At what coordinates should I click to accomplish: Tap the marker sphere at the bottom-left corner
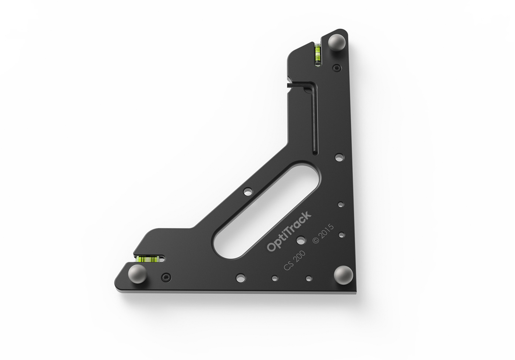(x=135, y=274)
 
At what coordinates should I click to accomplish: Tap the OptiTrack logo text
(x=289, y=232)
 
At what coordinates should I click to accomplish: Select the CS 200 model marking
(x=294, y=261)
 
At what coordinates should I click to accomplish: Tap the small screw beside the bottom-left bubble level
(x=167, y=276)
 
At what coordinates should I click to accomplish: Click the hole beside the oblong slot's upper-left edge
(x=248, y=191)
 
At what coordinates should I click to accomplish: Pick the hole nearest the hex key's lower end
(x=338, y=158)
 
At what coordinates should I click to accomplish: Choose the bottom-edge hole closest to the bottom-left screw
(x=240, y=277)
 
